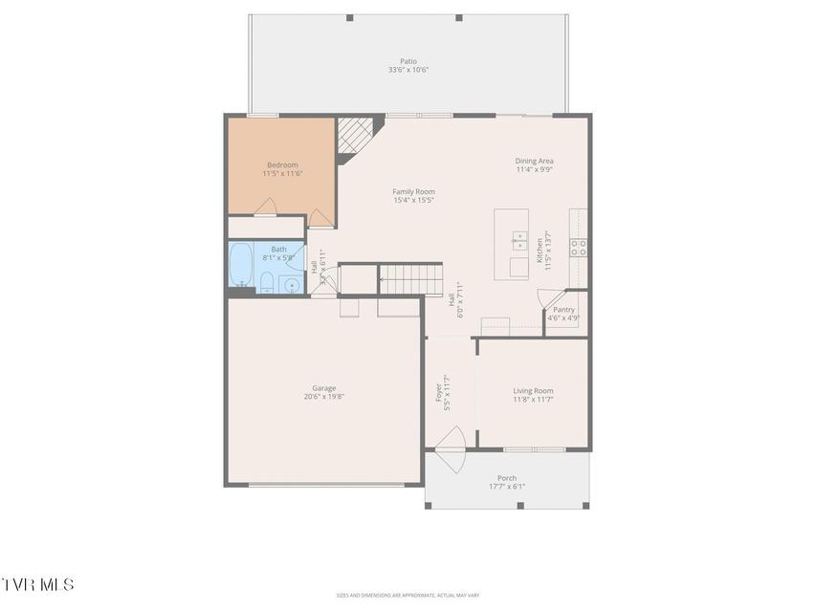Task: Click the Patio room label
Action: [408, 61]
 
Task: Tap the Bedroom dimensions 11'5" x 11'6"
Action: [282, 174]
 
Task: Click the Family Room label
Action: [413, 191]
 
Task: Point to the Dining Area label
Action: [535, 161]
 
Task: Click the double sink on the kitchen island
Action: [518, 239]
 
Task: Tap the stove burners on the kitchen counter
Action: [579, 249]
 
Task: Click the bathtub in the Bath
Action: [240, 264]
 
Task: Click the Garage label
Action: [324, 388]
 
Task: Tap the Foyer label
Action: [440, 393]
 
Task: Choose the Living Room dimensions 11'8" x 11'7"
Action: [533, 400]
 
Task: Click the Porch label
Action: [506, 478]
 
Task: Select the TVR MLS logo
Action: [38, 584]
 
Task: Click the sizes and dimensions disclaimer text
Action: [407, 594]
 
